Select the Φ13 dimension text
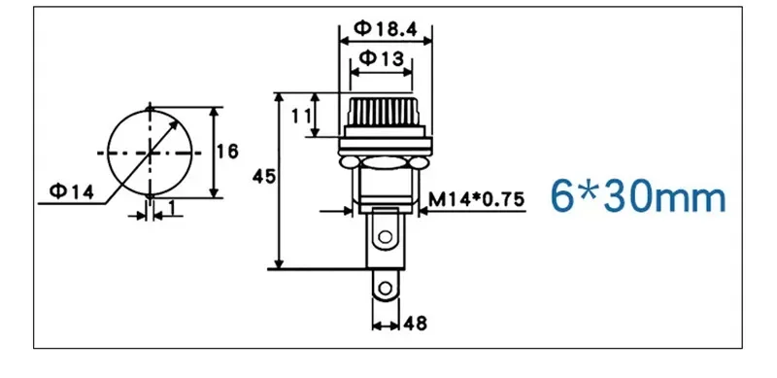point(380,58)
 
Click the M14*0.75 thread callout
point(477,199)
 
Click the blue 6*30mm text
point(638,198)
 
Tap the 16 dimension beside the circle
point(226,152)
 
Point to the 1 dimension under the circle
point(172,208)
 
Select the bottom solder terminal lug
point(387,286)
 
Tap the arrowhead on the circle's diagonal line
point(178,115)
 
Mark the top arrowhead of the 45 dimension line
point(279,98)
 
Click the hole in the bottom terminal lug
point(388,288)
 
